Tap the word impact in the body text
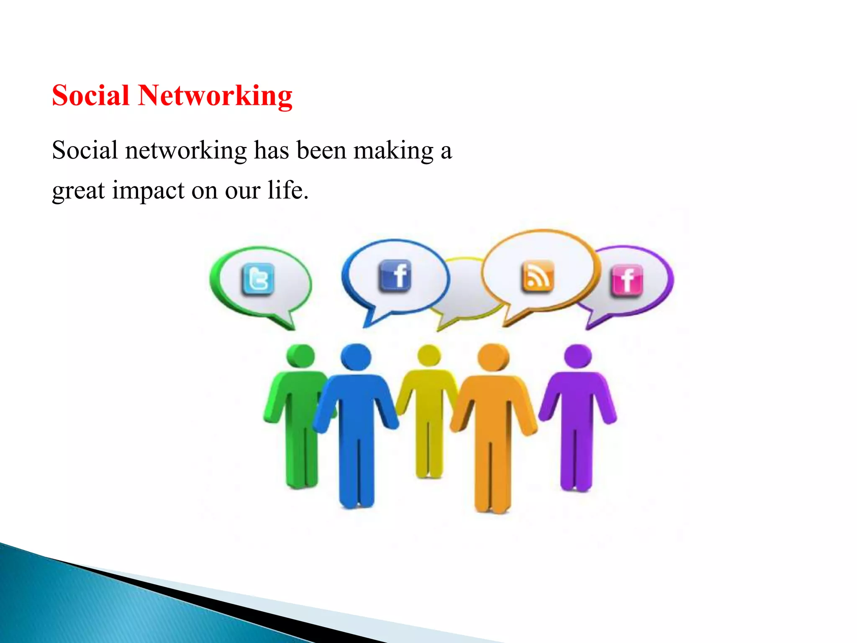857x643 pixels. (148, 190)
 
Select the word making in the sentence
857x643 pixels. (393, 151)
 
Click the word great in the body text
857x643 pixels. (78, 191)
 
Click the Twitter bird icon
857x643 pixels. (258, 279)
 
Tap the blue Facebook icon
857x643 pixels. (395, 275)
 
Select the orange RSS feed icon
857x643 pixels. (538, 276)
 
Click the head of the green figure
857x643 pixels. (300, 356)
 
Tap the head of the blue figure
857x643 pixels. (356, 357)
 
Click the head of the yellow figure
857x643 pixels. (429, 356)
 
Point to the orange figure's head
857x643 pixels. (493, 357)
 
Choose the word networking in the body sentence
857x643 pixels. (186, 151)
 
